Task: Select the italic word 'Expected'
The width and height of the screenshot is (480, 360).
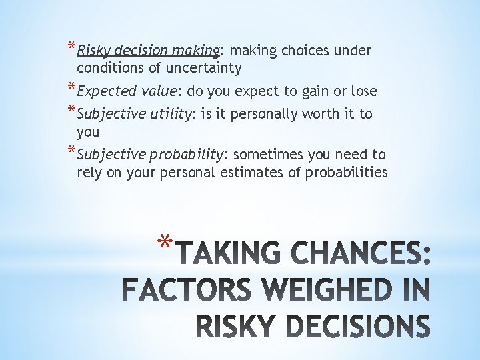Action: pos(104,91)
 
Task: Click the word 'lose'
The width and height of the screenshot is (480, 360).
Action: pos(363,91)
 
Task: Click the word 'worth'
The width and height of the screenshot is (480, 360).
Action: pos(320,114)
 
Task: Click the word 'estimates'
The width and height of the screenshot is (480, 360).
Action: pos(267,173)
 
